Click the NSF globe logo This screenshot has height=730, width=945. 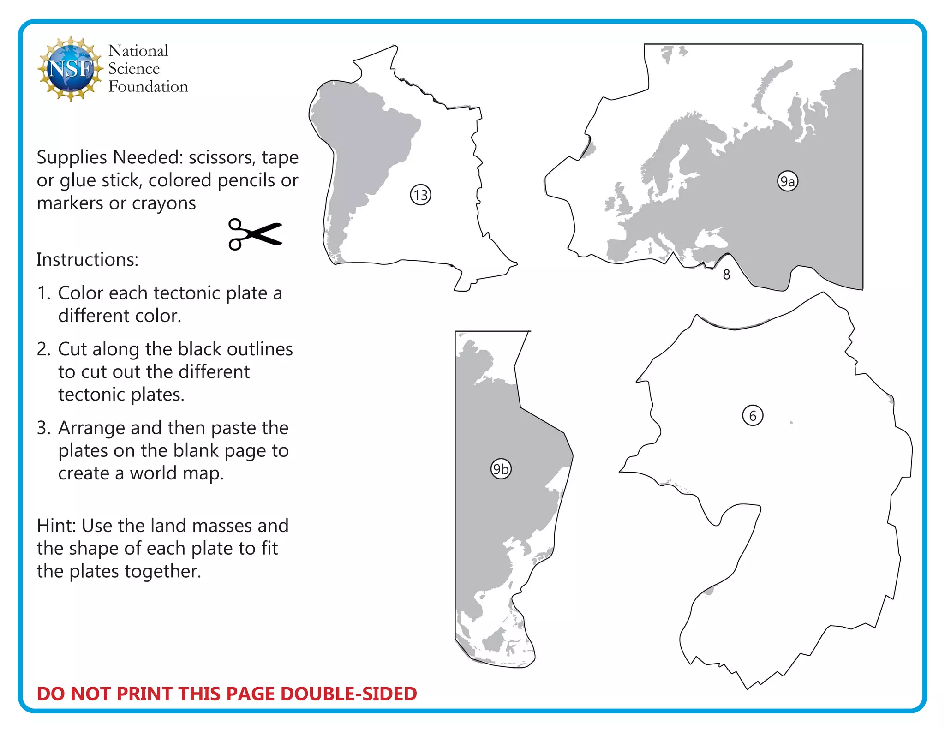tap(71, 68)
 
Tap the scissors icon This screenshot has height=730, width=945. tap(255, 234)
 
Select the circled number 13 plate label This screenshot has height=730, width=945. tap(420, 195)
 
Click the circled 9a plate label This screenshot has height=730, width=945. tap(787, 181)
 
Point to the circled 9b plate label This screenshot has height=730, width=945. tap(501, 469)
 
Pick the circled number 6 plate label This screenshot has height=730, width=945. tap(753, 416)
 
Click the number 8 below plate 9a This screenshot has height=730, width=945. tap(726, 275)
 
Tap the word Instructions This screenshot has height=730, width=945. tap(87, 260)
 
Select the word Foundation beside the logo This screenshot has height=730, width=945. tap(148, 87)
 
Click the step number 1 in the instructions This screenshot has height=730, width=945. tap(43, 293)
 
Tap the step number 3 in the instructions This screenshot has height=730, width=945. tap(43, 428)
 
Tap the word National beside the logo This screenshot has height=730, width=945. tap(138, 51)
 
